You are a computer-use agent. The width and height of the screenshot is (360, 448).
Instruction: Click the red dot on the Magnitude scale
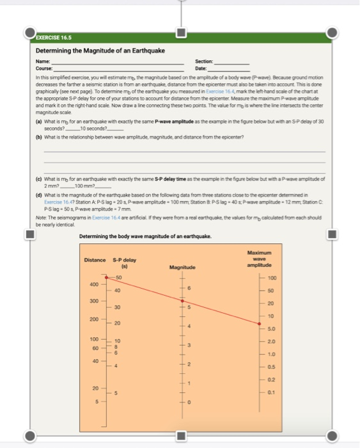[x=182, y=300]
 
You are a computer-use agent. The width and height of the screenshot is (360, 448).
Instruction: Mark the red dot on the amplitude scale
[x=259, y=324]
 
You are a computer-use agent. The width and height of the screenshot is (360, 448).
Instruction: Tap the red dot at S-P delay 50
[x=107, y=276]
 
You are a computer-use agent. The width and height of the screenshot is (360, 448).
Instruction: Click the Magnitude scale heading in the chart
[x=182, y=267]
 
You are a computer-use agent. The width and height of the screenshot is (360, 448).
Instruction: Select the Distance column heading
[x=95, y=259]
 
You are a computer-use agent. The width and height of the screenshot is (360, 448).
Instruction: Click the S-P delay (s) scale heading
[x=125, y=262]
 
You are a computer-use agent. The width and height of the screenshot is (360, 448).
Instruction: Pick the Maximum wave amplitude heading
[x=259, y=259]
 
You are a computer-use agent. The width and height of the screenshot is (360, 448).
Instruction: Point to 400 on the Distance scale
[x=93, y=284]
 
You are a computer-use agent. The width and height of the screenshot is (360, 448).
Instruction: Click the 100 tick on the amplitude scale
[x=272, y=278]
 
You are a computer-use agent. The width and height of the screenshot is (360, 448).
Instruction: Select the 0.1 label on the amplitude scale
[x=272, y=392]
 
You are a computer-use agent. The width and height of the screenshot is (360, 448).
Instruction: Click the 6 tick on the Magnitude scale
[x=189, y=289]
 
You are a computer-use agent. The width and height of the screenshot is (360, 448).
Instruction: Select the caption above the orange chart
[x=145, y=236]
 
